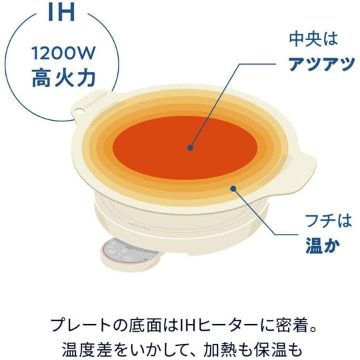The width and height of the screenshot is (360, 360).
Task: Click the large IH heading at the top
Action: coord(61,12)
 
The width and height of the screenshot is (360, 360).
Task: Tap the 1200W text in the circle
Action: coord(63,53)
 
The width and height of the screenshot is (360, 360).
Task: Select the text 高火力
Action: coord(63,77)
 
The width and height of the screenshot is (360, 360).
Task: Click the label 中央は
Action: coord(313,39)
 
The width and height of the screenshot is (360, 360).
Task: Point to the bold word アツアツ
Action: coord(321,63)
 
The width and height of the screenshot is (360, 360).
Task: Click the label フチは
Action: coord(329,221)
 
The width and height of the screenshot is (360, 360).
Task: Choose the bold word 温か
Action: coord(323,245)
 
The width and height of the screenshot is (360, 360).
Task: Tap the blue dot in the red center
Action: coord(190,147)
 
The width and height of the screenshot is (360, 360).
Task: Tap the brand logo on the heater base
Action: coord(135,223)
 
